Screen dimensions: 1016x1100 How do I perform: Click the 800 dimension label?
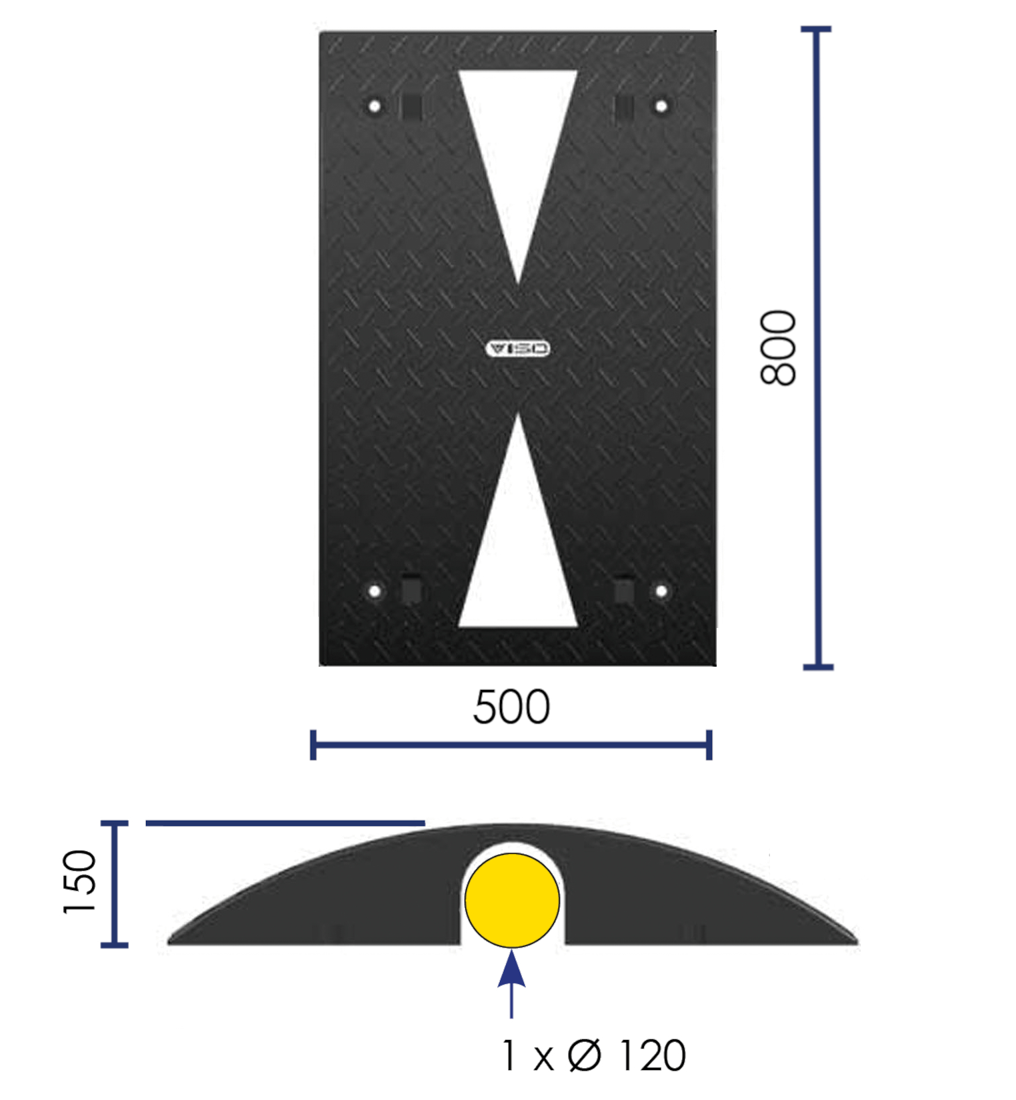coord(778,347)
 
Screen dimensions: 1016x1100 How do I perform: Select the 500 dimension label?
coord(511,707)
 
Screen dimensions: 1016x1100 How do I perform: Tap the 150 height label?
coord(79,881)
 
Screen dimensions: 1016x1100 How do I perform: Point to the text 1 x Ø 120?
coord(593,1056)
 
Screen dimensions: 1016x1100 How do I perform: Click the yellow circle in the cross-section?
coord(512,900)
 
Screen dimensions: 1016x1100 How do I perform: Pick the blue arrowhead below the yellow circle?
coord(511,969)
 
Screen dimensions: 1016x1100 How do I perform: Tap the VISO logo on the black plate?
coord(518,349)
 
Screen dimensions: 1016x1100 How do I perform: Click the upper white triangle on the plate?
coord(518,153)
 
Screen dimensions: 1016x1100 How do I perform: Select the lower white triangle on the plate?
coord(518,547)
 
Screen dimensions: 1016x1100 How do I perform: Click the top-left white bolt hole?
coord(375,106)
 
